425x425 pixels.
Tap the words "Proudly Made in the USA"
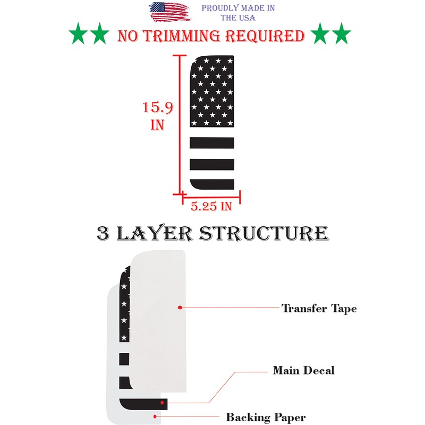[x=238, y=13]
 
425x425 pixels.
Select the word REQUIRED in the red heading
[x=265, y=36]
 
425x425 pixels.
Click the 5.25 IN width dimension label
[x=211, y=207]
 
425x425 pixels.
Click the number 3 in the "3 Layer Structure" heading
[x=103, y=233]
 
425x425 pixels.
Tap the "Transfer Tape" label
[x=319, y=308]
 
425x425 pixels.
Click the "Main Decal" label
[x=303, y=370]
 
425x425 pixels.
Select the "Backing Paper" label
[x=266, y=417]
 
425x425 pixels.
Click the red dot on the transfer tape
[x=181, y=307]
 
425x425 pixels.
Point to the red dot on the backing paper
[x=154, y=418]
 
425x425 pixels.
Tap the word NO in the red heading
[x=128, y=36]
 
